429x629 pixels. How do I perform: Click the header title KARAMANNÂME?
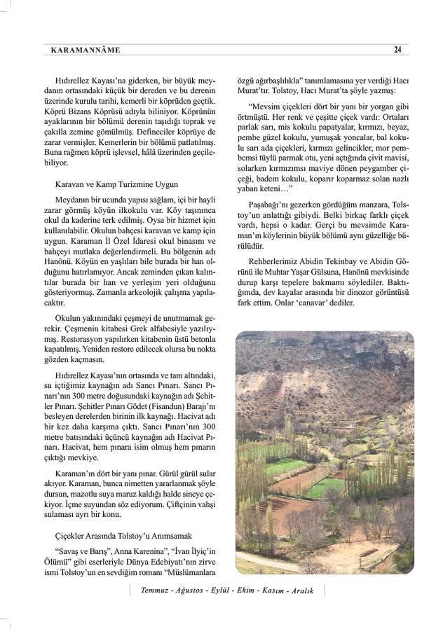click(86, 50)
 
